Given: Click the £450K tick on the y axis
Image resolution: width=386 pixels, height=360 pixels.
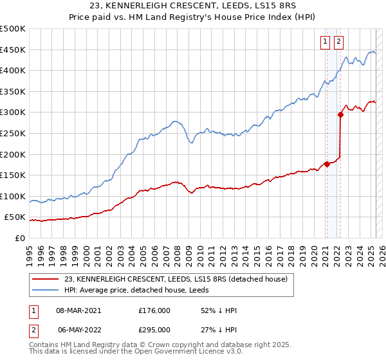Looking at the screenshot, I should [x=13, y=50].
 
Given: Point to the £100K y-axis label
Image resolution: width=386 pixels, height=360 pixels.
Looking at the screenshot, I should [x=13, y=196].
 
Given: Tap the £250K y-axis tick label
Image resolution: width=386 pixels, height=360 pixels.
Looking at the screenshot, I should [x=13, y=133].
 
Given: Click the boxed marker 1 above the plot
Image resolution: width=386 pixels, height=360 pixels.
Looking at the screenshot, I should [x=326, y=42].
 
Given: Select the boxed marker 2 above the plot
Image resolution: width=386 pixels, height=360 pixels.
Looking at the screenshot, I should [x=339, y=42].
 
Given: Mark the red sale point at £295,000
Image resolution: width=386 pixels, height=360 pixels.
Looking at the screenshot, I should [x=340, y=114].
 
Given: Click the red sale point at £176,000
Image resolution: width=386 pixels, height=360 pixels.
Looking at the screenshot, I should [x=327, y=164].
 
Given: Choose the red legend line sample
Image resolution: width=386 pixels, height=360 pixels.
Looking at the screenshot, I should [x=46, y=278].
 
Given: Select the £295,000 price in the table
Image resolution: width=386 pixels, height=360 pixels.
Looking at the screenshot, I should [x=154, y=329].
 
